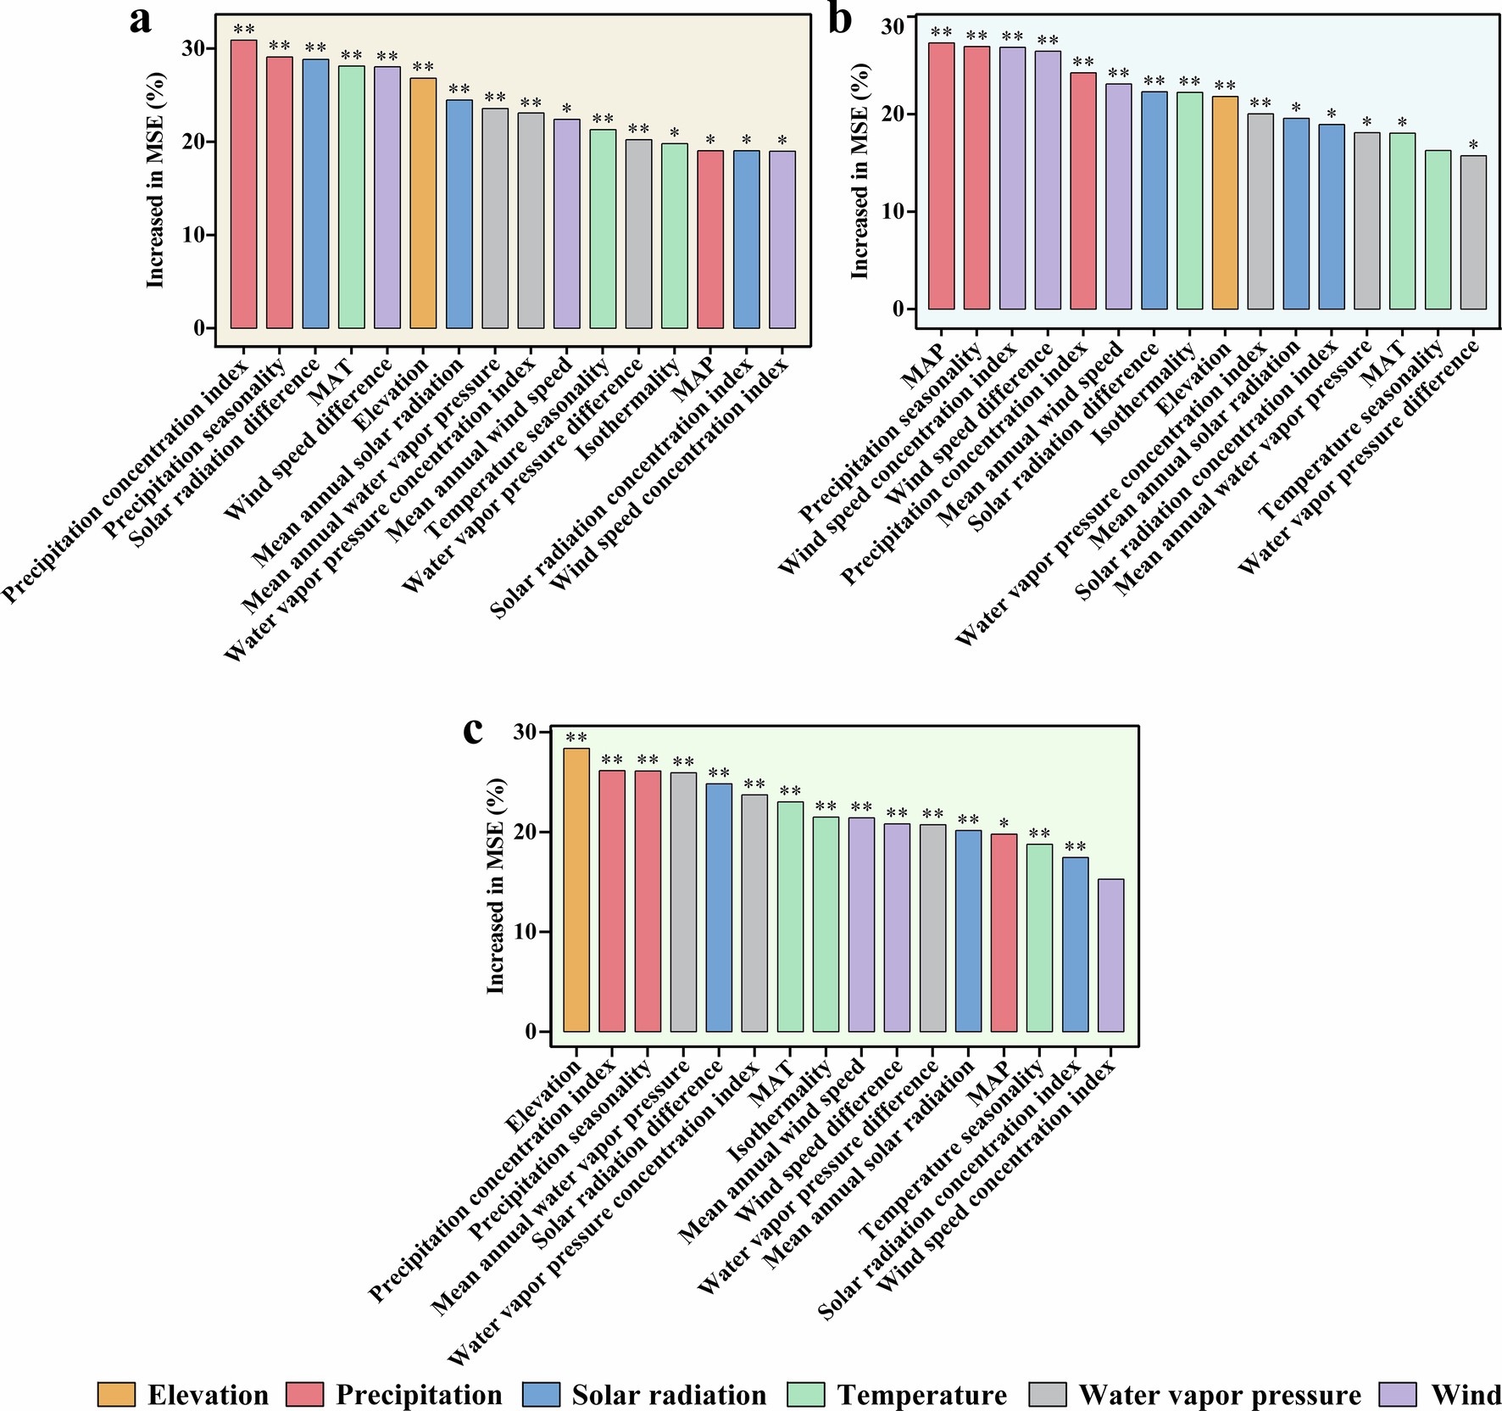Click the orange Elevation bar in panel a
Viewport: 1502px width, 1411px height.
423,204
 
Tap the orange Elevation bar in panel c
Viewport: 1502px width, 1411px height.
576,890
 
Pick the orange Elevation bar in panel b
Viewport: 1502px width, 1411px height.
1225,203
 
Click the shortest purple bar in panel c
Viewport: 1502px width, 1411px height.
1110,956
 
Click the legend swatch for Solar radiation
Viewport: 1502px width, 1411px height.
542,1395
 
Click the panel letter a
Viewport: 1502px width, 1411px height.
141,20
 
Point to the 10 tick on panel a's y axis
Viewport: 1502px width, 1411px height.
193,235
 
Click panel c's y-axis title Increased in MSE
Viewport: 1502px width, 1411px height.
496,886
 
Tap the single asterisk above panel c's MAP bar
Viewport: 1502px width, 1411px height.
1004,823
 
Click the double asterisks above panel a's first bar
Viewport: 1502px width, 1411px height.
244,30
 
